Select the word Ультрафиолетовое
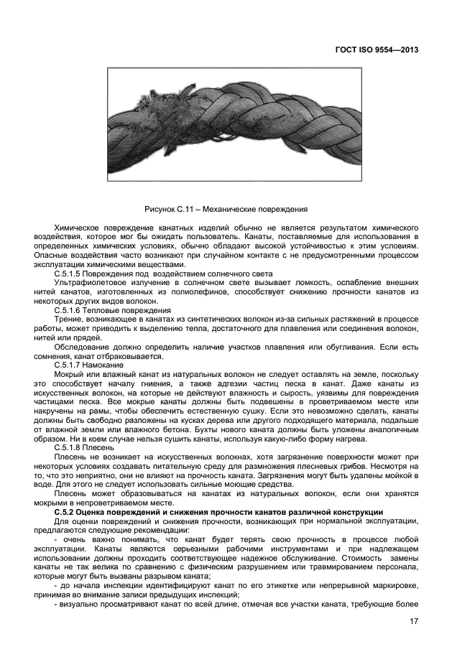point(88,284)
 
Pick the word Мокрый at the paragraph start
point(70,375)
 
